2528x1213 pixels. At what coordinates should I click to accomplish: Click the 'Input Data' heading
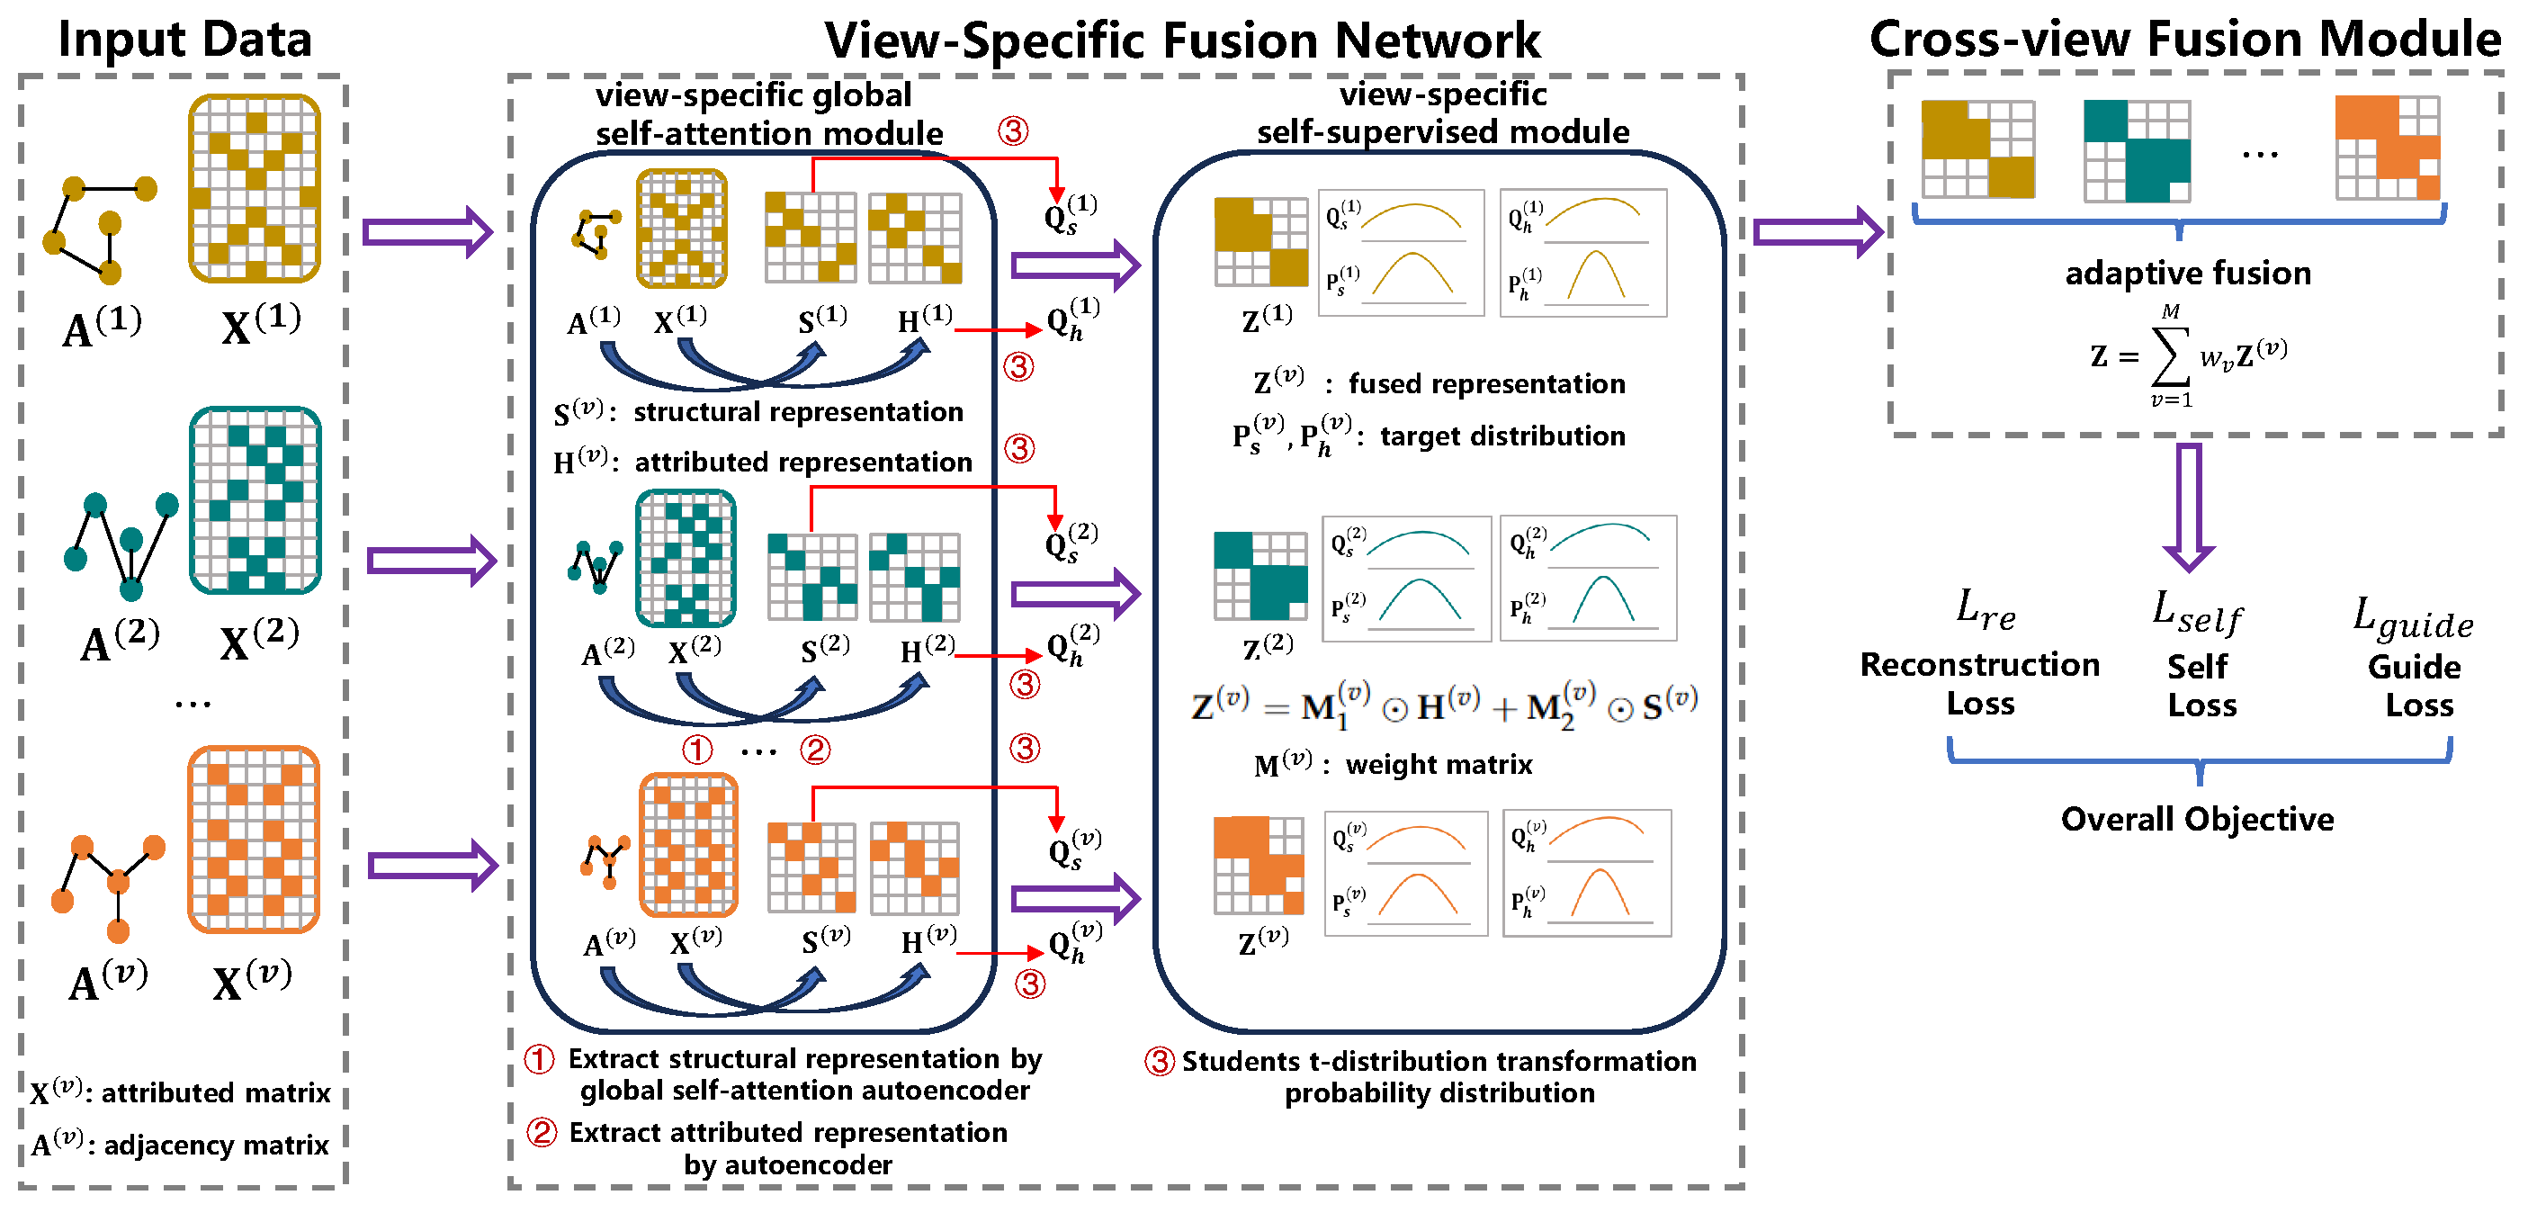tap(184, 40)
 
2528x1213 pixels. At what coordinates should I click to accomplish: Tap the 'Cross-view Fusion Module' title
tap(2184, 40)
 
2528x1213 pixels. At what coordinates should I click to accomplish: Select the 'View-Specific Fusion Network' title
tap(1181, 41)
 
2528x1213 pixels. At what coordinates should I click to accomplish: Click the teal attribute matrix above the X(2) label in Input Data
tap(255, 500)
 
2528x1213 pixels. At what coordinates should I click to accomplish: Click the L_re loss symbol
tap(1986, 610)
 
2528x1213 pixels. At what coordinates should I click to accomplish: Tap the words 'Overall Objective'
tap(2197, 819)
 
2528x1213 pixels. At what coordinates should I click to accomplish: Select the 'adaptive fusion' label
tap(2187, 273)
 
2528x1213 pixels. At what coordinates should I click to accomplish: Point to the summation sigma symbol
tap(2170, 355)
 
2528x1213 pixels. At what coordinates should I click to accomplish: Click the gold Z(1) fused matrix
tap(1261, 241)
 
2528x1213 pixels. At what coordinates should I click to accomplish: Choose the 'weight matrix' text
tap(1439, 765)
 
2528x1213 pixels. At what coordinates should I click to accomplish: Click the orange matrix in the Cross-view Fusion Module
tap(2388, 148)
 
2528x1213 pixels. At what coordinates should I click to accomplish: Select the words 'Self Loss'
tap(2201, 686)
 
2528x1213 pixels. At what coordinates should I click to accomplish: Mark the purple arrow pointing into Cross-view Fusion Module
tap(1818, 231)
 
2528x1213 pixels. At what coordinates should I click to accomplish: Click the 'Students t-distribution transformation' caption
tap(1439, 1062)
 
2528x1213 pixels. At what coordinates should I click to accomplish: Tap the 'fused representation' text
tap(1487, 383)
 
